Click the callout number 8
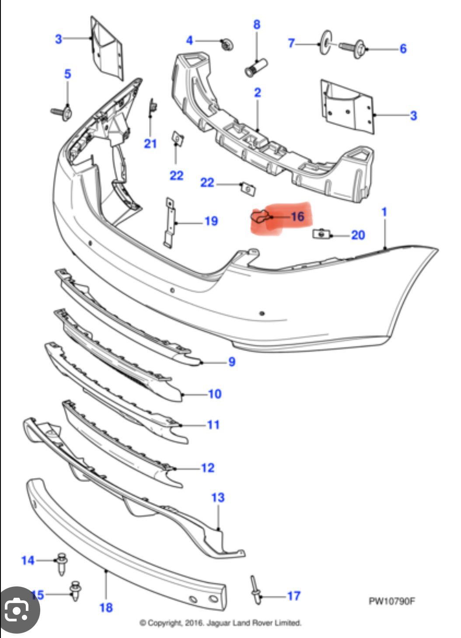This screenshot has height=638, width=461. [257, 24]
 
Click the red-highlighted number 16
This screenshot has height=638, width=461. [297, 216]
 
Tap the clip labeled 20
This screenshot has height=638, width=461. [321, 234]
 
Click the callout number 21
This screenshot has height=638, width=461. [150, 143]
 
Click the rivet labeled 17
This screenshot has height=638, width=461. [255, 590]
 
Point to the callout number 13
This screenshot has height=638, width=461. [218, 497]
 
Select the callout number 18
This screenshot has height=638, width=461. [106, 607]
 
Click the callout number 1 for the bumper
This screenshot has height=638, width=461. [384, 212]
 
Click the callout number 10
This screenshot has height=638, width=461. [214, 394]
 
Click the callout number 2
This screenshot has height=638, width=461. [257, 92]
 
